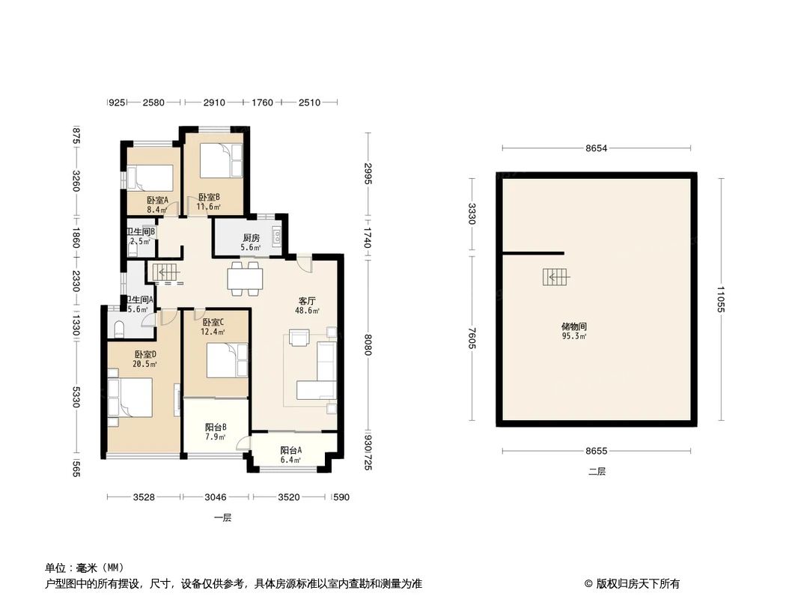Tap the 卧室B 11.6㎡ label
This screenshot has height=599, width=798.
(209, 201)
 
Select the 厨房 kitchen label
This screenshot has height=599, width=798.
(250, 243)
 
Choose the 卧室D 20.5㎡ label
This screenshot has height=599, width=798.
(145, 359)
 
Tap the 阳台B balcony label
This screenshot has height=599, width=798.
(216, 432)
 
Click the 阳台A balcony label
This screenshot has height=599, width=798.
(290, 455)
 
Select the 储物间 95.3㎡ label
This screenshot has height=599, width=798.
(573, 331)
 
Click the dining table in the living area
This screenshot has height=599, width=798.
(246, 279)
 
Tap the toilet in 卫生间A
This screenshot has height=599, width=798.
(118, 329)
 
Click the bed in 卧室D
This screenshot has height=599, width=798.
(131, 397)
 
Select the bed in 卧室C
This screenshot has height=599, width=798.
(226, 360)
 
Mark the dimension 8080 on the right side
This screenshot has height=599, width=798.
(368, 344)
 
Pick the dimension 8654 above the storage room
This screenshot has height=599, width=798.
(596, 149)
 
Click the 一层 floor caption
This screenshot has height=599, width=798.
(222, 517)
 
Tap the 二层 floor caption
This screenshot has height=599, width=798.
(596, 472)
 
